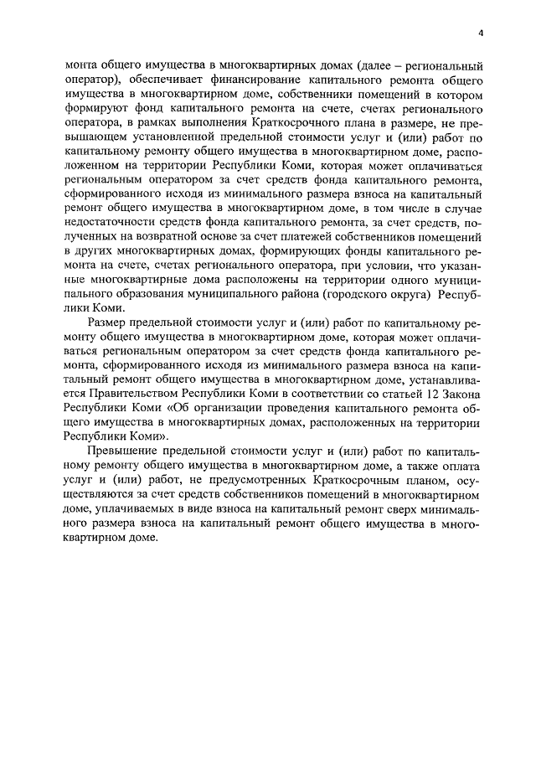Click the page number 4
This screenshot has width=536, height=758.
pos(482,33)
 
